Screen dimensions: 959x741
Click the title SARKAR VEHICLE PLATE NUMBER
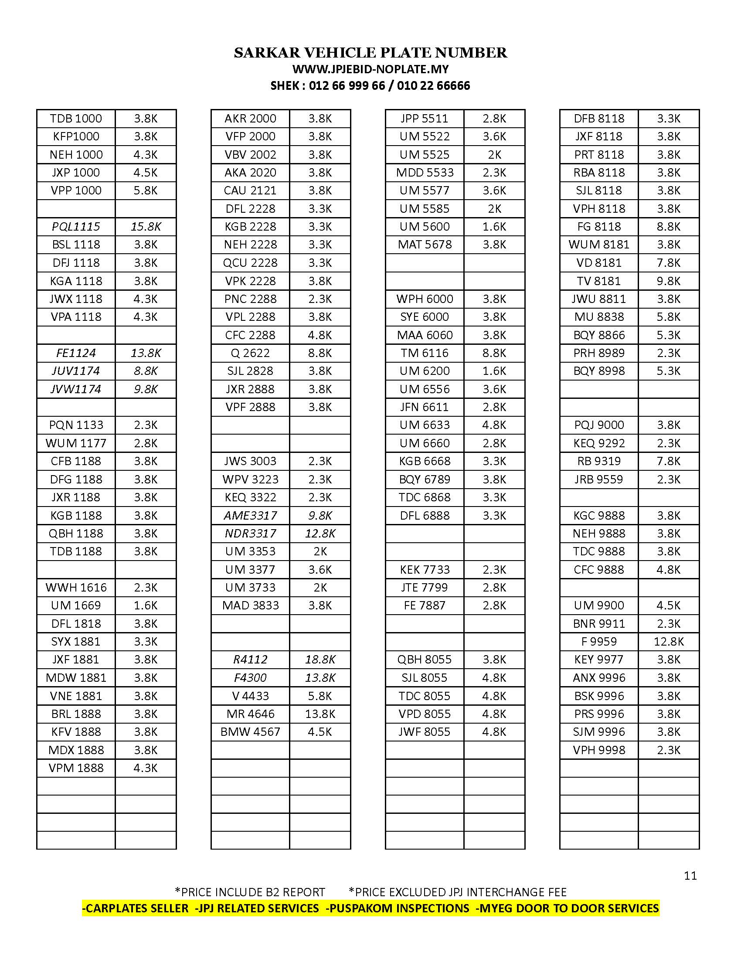pos(370,53)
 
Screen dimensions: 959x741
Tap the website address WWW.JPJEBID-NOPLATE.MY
pos(370,69)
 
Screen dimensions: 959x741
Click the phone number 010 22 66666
pos(433,85)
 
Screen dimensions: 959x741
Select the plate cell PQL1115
pos(76,227)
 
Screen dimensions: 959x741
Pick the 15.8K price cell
pos(146,227)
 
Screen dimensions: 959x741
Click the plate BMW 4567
pos(250,732)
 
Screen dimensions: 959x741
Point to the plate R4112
pos(250,660)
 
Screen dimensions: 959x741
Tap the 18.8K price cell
pos(320,660)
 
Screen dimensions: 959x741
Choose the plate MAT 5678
pos(425,245)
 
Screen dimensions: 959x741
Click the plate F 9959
pos(599,642)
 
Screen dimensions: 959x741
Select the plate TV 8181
pos(599,281)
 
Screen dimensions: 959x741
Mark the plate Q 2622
pos(250,353)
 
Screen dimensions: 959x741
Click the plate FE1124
pos(76,353)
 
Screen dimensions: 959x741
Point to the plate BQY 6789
pos(425,479)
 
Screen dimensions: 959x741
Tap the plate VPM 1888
pos(76,768)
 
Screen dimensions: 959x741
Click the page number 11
pos(690,876)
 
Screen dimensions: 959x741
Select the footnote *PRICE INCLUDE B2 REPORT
pos(250,892)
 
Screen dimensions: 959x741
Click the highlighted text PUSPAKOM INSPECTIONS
pos(398,908)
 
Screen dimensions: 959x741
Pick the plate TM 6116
pos(425,353)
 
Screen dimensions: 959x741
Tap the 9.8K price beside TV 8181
pos(669,281)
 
